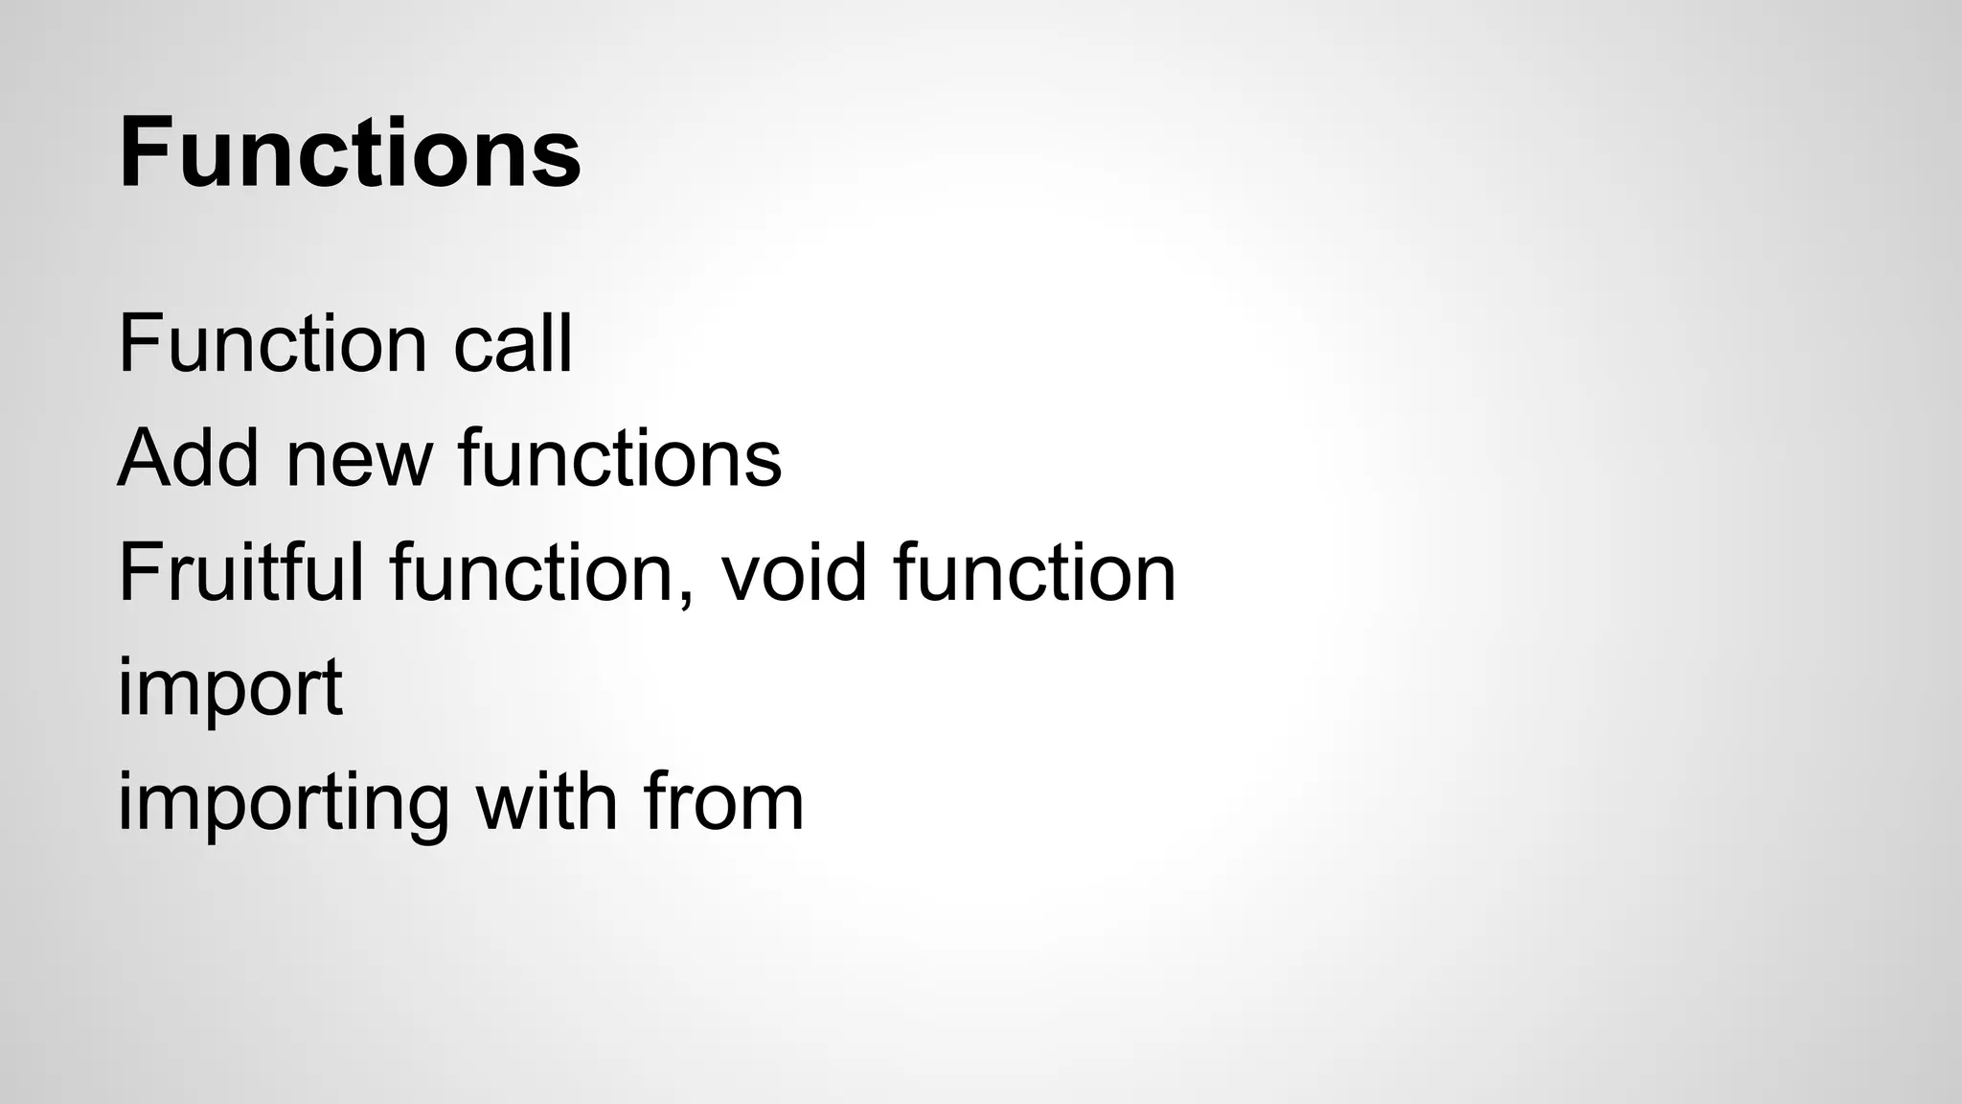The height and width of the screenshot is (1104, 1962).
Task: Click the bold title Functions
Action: [x=350, y=153]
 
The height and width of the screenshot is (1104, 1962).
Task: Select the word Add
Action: [x=188, y=457]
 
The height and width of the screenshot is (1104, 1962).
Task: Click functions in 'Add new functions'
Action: [x=620, y=457]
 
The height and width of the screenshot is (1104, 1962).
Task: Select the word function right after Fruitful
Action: [x=533, y=572]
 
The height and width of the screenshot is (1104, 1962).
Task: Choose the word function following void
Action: [x=1035, y=572]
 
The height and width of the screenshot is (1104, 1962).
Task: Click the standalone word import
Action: [x=230, y=687]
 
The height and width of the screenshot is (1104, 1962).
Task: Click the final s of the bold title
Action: [x=560, y=161]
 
